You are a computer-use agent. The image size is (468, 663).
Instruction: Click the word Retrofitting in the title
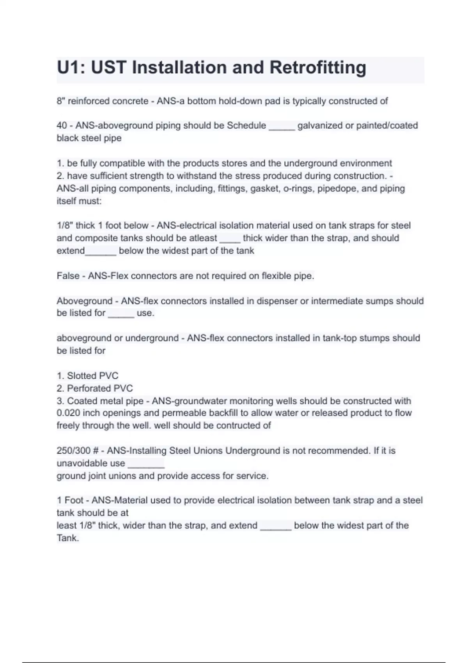pyautogui.click(x=317, y=67)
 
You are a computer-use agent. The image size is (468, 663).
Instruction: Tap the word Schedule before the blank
pyautogui.click(x=246, y=126)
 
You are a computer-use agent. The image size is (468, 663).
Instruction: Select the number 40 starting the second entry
pyautogui.click(x=62, y=126)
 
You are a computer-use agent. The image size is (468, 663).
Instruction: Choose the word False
pyautogui.click(x=68, y=276)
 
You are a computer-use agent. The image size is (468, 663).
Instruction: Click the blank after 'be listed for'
pyautogui.click(x=121, y=314)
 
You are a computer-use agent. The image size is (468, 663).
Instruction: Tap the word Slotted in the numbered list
pyautogui.click(x=82, y=376)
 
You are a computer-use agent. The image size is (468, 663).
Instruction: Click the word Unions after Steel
pyautogui.click(x=208, y=451)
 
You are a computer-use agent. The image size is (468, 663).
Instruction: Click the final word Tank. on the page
pyautogui.click(x=68, y=538)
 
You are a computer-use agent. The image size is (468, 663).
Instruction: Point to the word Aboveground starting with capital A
pyautogui.click(x=84, y=301)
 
